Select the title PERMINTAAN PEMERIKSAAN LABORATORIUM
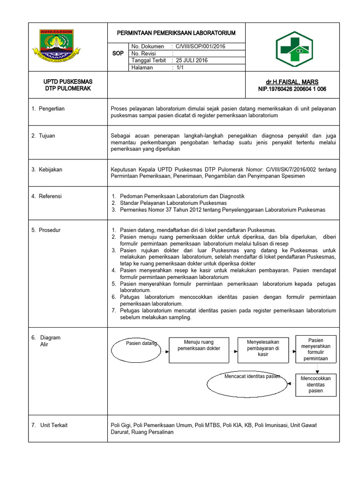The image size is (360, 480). tap(176, 33)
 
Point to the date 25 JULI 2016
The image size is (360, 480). tap(192, 60)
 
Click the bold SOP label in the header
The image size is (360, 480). tap(118, 53)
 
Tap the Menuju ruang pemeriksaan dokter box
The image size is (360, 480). tap(199, 350)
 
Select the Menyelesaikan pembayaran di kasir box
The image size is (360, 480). tap(263, 350)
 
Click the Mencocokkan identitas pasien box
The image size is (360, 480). tap(315, 384)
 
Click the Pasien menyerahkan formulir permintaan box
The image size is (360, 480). tap(315, 349)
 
